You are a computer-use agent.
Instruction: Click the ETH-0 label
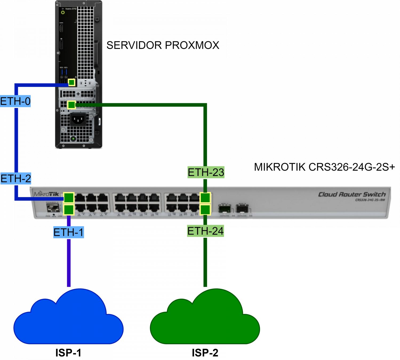(x=15, y=101)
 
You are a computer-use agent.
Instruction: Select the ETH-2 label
(x=16, y=178)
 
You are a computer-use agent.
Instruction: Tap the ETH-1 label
(x=69, y=232)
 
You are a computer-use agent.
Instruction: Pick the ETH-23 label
(x=206, y=172)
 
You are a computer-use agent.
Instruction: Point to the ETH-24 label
(x=205, y=231)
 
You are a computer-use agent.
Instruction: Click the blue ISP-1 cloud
(x=69, y=319)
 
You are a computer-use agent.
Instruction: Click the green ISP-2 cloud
(x=205, y=319)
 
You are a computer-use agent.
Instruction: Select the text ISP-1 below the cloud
(x=68, y=353)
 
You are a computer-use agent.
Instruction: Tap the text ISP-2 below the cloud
(x=205, y=353)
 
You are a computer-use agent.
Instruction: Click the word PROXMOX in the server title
(x=192, y=45)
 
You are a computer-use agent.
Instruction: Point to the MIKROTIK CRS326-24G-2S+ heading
(x=324, y=167)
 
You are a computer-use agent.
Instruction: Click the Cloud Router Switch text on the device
(x=352, y=194)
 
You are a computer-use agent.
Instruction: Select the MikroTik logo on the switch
(x=46, y=194)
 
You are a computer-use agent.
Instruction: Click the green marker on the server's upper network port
(x=71, y=82)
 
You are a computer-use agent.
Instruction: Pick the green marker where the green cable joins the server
(x=71, y=105)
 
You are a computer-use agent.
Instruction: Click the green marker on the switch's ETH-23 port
(x=205, y=198)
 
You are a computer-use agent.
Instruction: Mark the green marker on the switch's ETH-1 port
(x=69, y=210)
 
